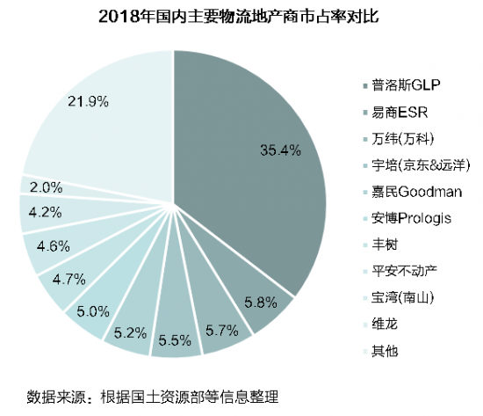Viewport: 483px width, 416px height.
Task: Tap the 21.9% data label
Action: (88, 102)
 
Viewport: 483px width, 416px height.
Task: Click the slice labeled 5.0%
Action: (92, 311)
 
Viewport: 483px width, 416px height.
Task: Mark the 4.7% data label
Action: (62, 281)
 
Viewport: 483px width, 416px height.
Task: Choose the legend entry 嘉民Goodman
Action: (412, 192)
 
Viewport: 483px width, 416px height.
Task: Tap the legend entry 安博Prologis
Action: (409, 218)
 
